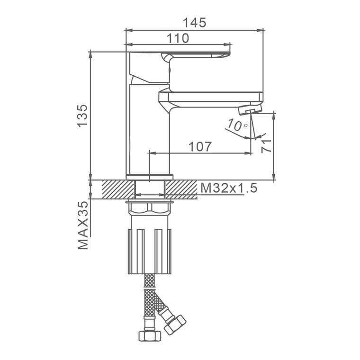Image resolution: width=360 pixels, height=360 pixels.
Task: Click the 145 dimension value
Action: [x=195, y=23]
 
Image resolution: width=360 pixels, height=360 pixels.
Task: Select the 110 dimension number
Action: [x=178, y=38]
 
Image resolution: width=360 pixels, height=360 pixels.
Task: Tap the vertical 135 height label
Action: [x=82, y=116]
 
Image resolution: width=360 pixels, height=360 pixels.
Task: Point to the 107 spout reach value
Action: [x=200, y=146]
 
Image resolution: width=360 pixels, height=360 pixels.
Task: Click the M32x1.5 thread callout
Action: [x=229, y=188]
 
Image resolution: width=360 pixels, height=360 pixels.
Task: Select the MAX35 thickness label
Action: [x=83, y=225]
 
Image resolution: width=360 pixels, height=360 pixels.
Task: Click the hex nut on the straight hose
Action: [x=150, y=336]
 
